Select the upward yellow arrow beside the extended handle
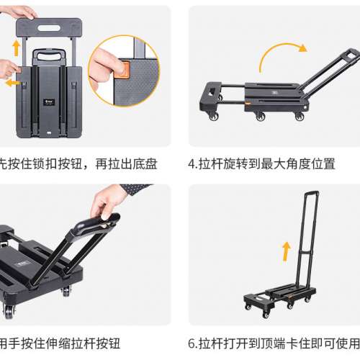click(286, 251)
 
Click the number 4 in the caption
click(192, 163)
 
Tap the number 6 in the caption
click(192, 343)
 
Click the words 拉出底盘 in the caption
click(136, 163)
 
